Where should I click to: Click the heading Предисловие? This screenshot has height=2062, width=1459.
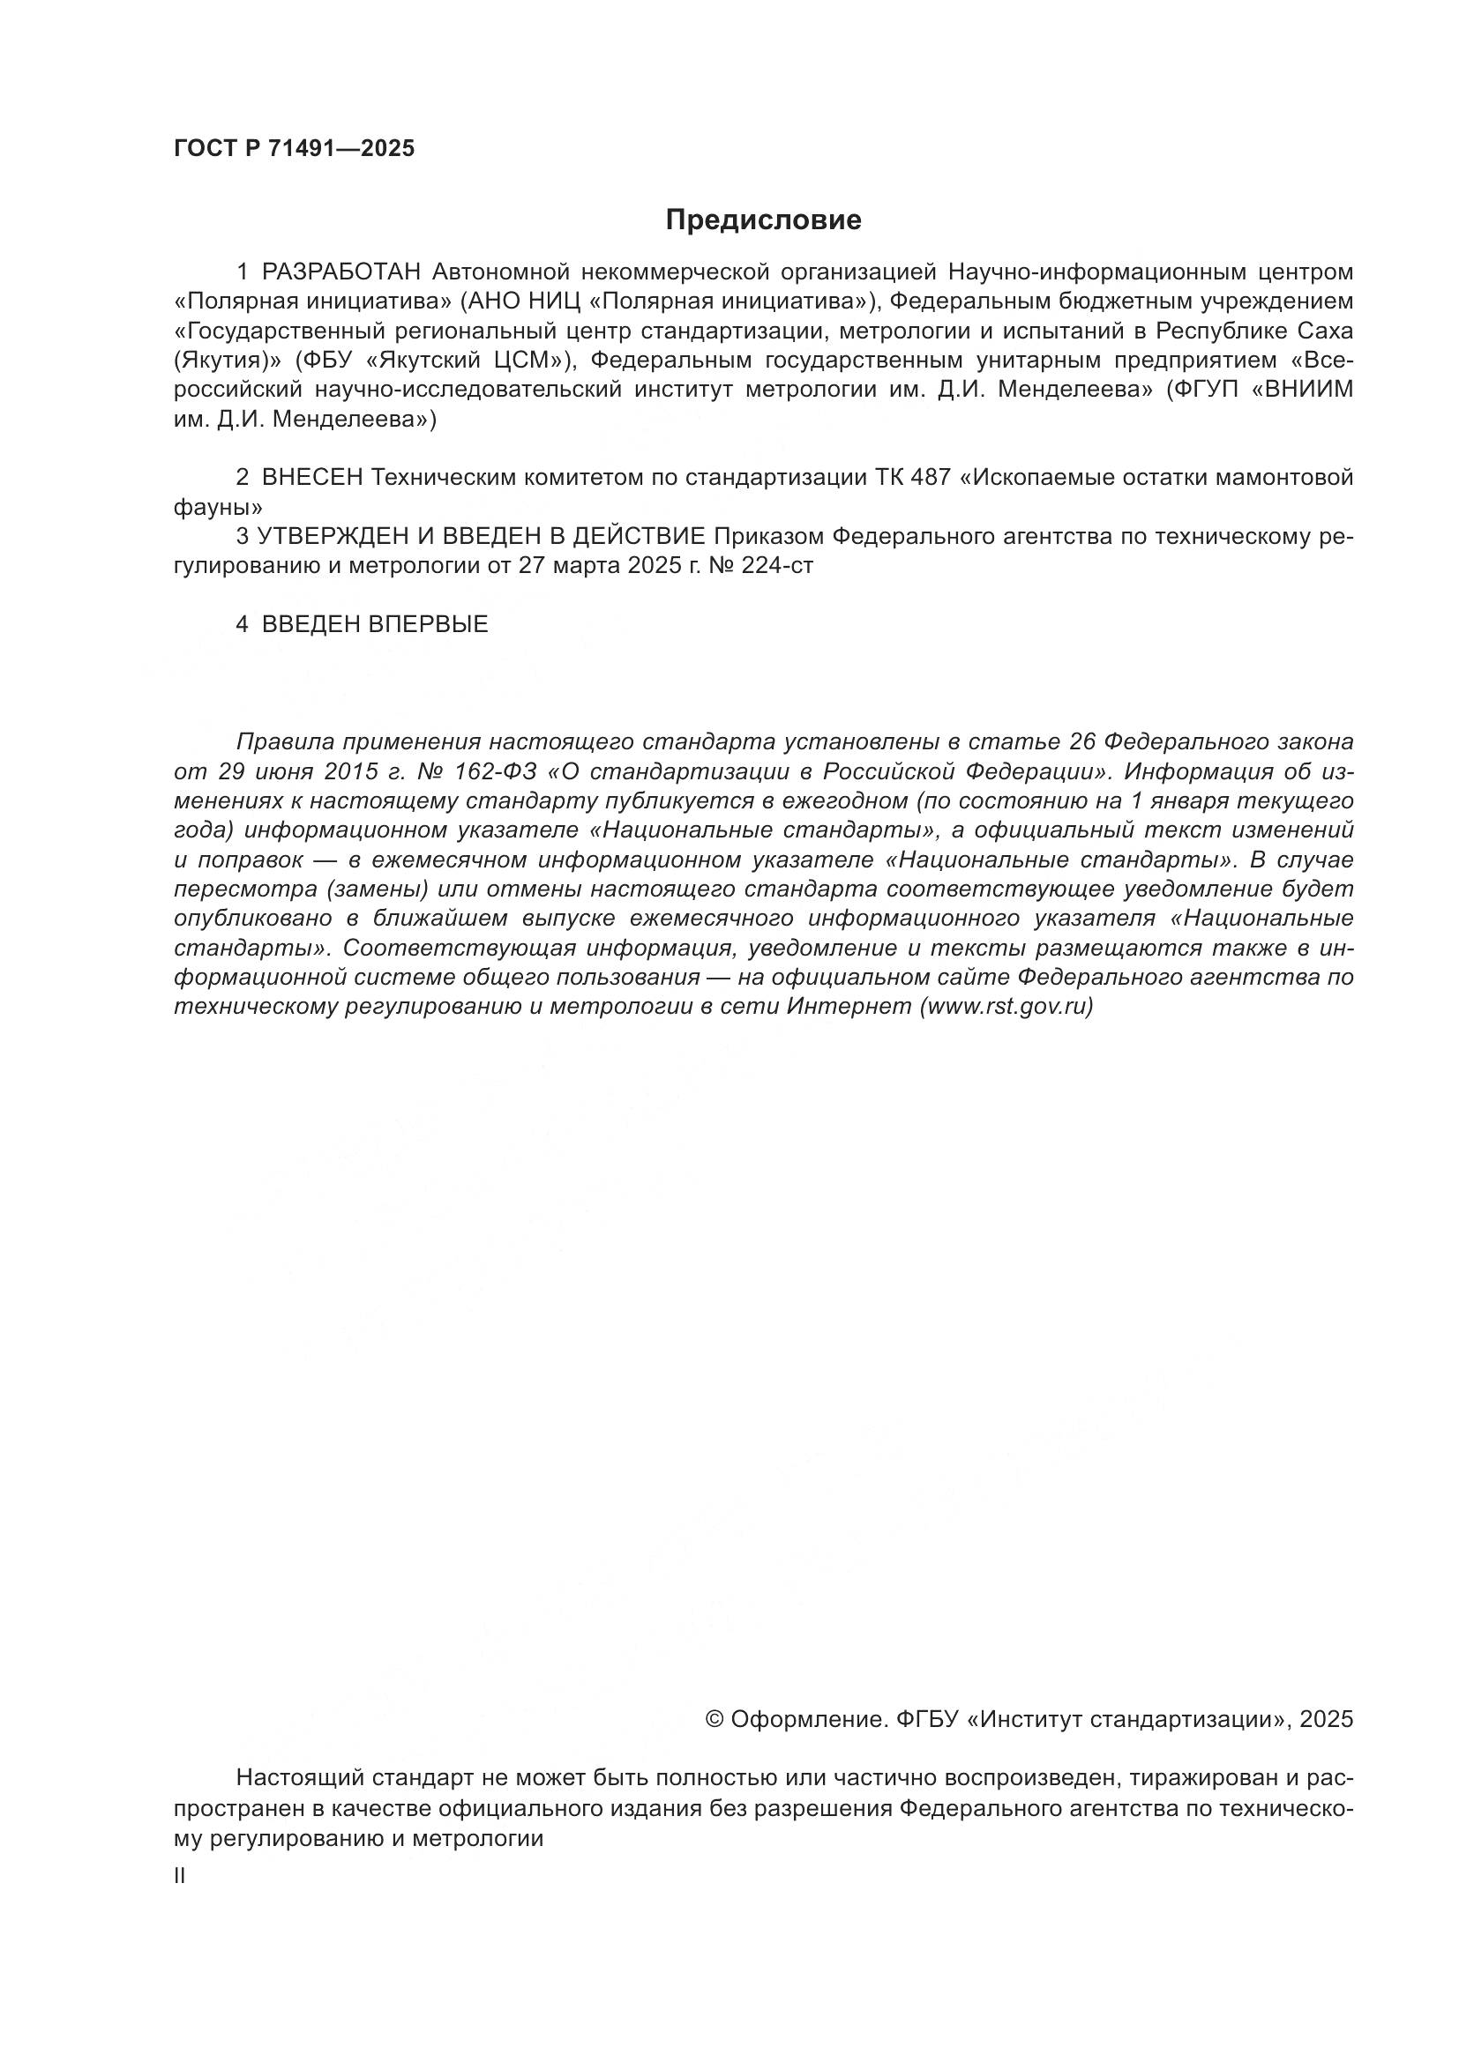(763, 220)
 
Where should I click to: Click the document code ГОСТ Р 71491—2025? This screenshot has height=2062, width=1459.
(294, 149)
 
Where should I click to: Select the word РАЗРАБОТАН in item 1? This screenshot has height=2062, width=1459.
(340, 272)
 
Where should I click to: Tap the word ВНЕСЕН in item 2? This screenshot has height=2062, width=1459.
(312, 478)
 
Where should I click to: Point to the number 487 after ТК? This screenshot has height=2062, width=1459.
(930, 478)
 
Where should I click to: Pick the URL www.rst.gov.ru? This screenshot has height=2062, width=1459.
(1007, 1007)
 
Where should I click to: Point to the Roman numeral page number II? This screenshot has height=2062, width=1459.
(180, 1876)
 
